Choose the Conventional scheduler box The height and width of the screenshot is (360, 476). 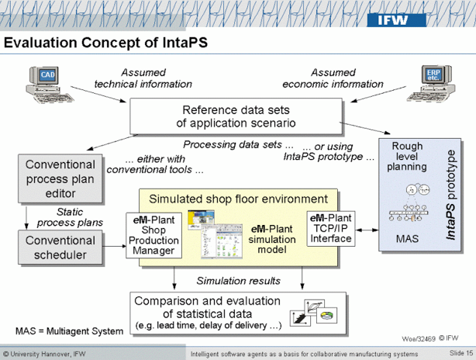coord(60,247)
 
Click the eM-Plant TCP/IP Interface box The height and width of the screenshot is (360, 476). coord(331,229)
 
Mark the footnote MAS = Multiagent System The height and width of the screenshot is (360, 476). coord(69,331)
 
